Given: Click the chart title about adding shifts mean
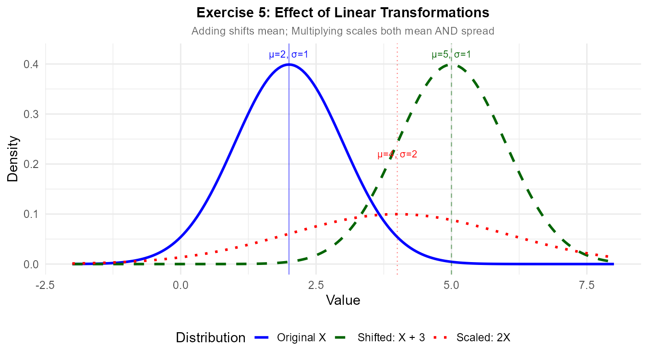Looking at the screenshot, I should (343, 31).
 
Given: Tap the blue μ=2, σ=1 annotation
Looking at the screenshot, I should (288, 55).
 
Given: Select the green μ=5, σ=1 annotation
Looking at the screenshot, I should (451, 55).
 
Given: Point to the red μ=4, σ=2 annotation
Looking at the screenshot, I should (397, 155).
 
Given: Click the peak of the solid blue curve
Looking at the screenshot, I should (288, 64).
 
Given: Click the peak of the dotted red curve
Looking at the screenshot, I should (397, 214).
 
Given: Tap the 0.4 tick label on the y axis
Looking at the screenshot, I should (31, 64).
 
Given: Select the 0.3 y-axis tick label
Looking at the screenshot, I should (31, 114).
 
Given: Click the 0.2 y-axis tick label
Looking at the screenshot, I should (31, 164).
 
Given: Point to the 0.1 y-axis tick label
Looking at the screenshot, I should (31, 214).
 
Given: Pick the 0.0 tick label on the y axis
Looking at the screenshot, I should (31, 264).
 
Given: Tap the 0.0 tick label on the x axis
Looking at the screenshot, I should (180, 285).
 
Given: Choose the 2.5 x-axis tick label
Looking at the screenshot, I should (316, 285).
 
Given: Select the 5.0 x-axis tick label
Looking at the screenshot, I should (451, 285).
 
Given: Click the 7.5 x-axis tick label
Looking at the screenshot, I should (587, 285).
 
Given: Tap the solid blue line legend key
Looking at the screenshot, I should (262, 337).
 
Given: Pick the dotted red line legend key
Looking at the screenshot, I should (440, 337).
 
